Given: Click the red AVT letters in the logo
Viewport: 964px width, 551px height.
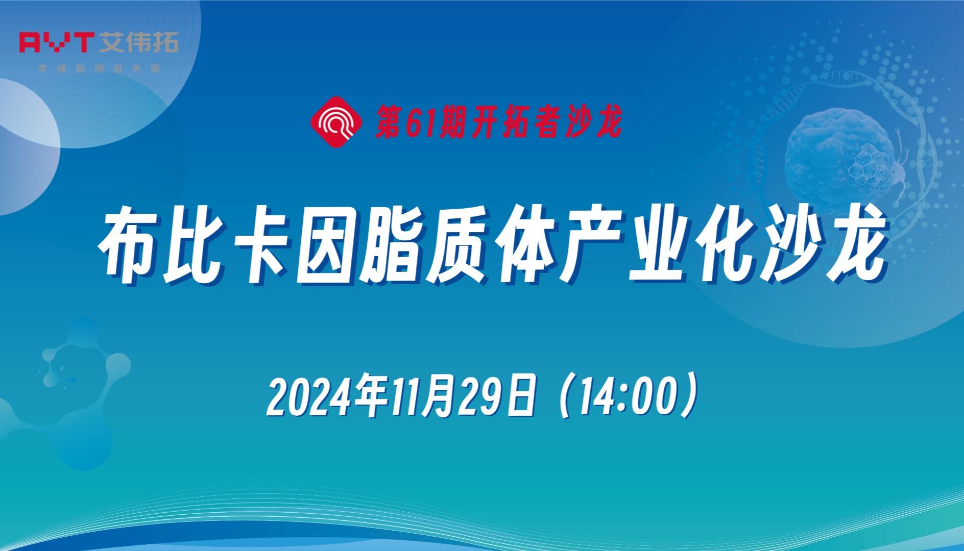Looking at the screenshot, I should click(x=56, y=42).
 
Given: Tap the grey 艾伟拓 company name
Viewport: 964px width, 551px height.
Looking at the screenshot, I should click(x=138, y=42).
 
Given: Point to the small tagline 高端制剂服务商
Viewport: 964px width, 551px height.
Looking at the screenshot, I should click(x=100, y=68).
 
